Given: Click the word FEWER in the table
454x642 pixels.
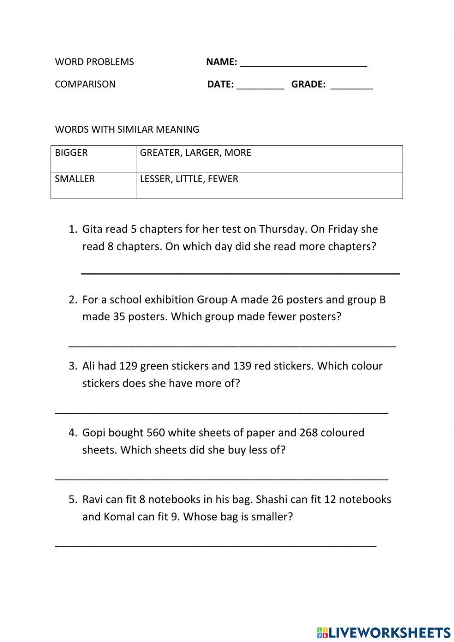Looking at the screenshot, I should click(x=223, y=179).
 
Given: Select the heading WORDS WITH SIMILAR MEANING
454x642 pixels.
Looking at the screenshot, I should click(x=127, y=129).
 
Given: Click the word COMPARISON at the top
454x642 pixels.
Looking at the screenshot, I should click(x=85, y=84).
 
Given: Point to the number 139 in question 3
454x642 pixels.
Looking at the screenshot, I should click(x=242, y=366).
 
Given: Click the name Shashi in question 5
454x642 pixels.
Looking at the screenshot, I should click(x=271, y=499).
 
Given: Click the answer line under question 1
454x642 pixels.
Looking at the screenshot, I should click(x=240, y=273).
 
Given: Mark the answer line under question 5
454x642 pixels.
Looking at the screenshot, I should click(x=216, y=546).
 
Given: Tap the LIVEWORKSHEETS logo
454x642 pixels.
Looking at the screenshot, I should click(x=384, y=632).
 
